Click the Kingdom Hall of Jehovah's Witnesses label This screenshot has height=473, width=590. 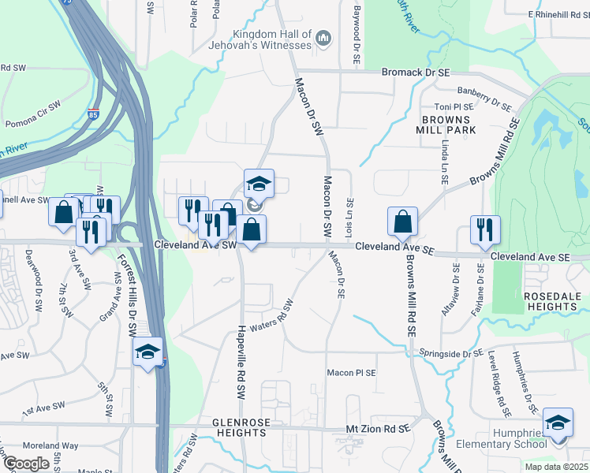(x=272, y=39)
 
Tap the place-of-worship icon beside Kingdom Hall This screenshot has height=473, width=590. (x=323, y=38)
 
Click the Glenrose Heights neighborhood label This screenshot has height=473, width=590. (x=241, y=427)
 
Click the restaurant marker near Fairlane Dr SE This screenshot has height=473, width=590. (x=485, y=229)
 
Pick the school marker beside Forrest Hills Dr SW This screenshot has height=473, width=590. (x=147, y=352)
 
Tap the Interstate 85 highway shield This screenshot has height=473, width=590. (x=95, y=115)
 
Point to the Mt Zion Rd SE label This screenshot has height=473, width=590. (x=379, y=428)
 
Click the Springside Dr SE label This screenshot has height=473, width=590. (x=450, y=354)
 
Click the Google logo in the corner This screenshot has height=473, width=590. (x=26, y=464)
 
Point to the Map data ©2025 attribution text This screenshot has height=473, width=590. (x=556, y=467)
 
